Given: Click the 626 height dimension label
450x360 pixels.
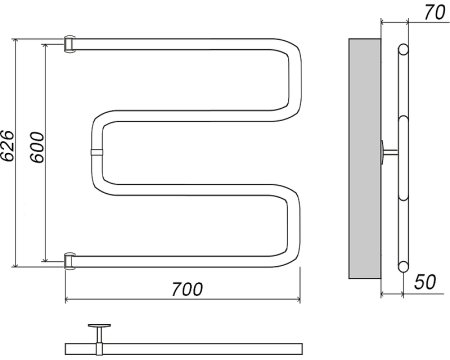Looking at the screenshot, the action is tap(7, 146).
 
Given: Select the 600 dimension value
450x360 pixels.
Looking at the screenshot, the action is tap(37, 147).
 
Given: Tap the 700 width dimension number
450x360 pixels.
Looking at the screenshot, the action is tap(187, 289).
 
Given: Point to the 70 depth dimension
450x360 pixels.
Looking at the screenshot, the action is tap(435, 13).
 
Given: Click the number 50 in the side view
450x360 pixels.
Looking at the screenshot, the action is tap(425, 282).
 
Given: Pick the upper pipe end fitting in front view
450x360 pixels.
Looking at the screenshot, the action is tap(70, 44).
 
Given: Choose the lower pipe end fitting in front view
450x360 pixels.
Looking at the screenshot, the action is tap(70, 261).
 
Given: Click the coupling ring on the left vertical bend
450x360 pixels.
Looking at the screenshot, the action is tap(96, 152).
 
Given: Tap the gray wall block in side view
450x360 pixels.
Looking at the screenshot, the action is tap(365, 158).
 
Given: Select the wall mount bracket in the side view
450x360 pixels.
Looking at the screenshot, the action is tap(389, 152).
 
